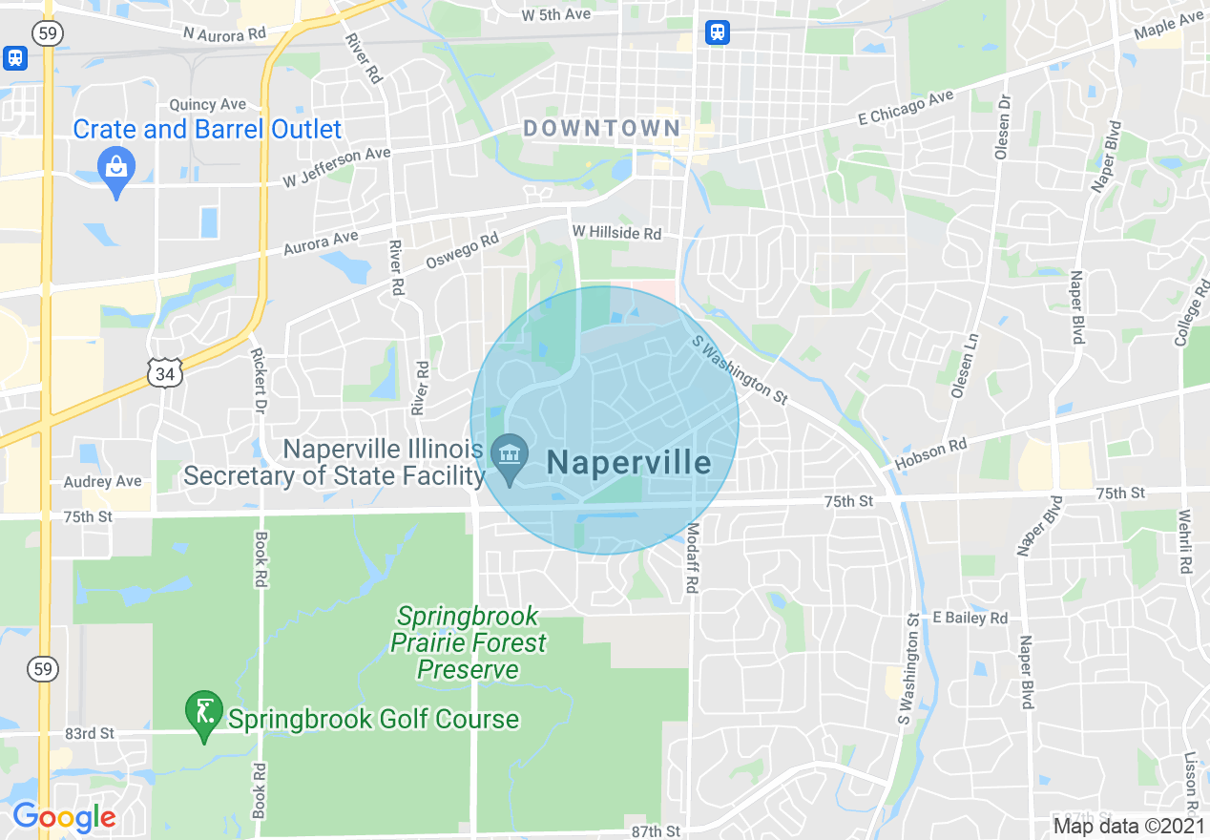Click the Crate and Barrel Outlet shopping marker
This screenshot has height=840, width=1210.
[x=115, y=170]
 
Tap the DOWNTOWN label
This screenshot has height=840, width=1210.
[x=602, y=129]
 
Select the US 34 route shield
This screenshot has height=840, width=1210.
[x=165, y=373]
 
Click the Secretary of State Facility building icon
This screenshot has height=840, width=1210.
[x=510, y=451]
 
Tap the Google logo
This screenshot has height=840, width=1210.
[x=64, y=817]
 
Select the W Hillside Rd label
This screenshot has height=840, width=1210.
[x=616, y=233]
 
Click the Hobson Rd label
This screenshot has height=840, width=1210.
[x=931, y=454]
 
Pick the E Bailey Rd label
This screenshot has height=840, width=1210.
[x=970, y=618]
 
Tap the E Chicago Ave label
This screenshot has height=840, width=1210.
[x=906, y=108]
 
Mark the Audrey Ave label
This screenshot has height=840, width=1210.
[x=102, y=482]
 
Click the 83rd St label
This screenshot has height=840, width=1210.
[x=91, y=733]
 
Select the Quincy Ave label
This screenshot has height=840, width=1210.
[x=207, y=105]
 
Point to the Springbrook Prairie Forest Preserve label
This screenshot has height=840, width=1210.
[x=469, y=642]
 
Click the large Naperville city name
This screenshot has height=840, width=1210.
[x=629, y=463]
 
